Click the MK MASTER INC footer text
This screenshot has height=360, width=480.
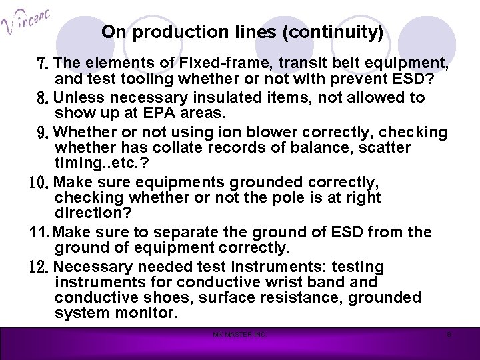click(239, 333)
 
